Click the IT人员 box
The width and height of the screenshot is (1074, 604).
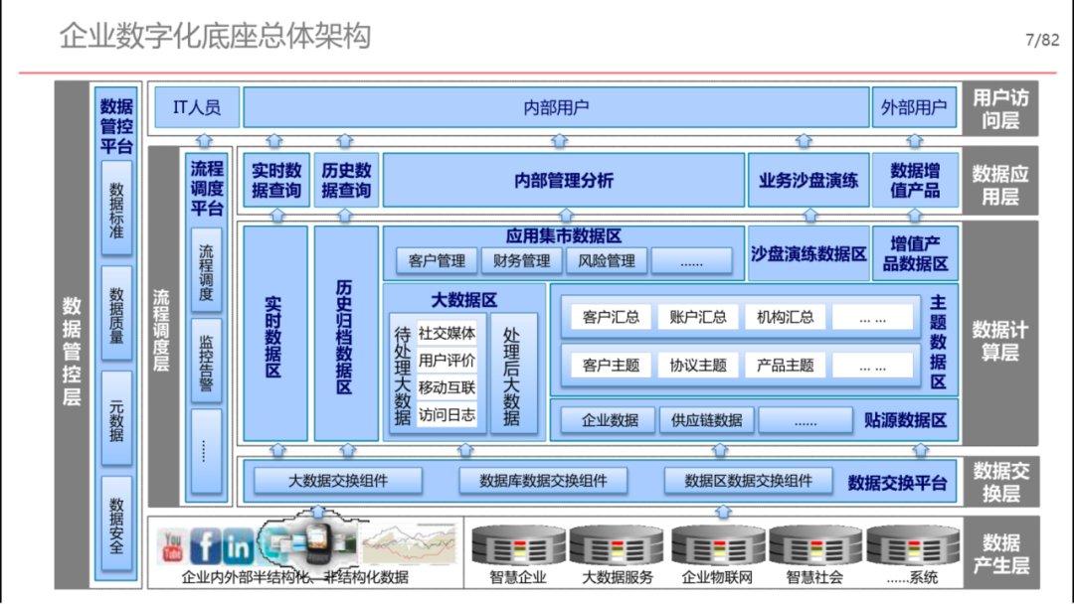point(197,107)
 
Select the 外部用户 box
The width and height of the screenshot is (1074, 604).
point(915,107)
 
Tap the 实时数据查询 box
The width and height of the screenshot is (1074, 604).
point(276,180)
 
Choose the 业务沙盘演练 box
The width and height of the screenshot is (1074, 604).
point(808,180)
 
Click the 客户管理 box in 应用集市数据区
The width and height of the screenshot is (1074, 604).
point(437,260)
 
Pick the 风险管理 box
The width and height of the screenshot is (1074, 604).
point(607,260)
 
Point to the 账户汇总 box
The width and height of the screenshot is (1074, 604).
point(698,317)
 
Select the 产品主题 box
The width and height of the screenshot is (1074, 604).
point(785,366)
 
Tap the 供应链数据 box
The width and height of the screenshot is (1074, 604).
point(707,420)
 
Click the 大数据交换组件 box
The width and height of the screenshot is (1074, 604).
point(338,481)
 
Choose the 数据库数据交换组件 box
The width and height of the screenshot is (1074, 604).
point(543,481)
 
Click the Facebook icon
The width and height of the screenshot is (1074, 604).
point(205,545)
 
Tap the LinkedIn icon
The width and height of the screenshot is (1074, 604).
point(239,545)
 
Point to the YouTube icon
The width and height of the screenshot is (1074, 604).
point(172,545)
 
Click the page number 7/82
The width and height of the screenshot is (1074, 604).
point(1042,40)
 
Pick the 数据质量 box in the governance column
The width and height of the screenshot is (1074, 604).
point(117,313)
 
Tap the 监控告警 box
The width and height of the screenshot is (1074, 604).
point(206,362)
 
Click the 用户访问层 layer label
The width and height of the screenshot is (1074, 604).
point(1000,108)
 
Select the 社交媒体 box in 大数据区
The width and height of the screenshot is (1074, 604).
point(447,333)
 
